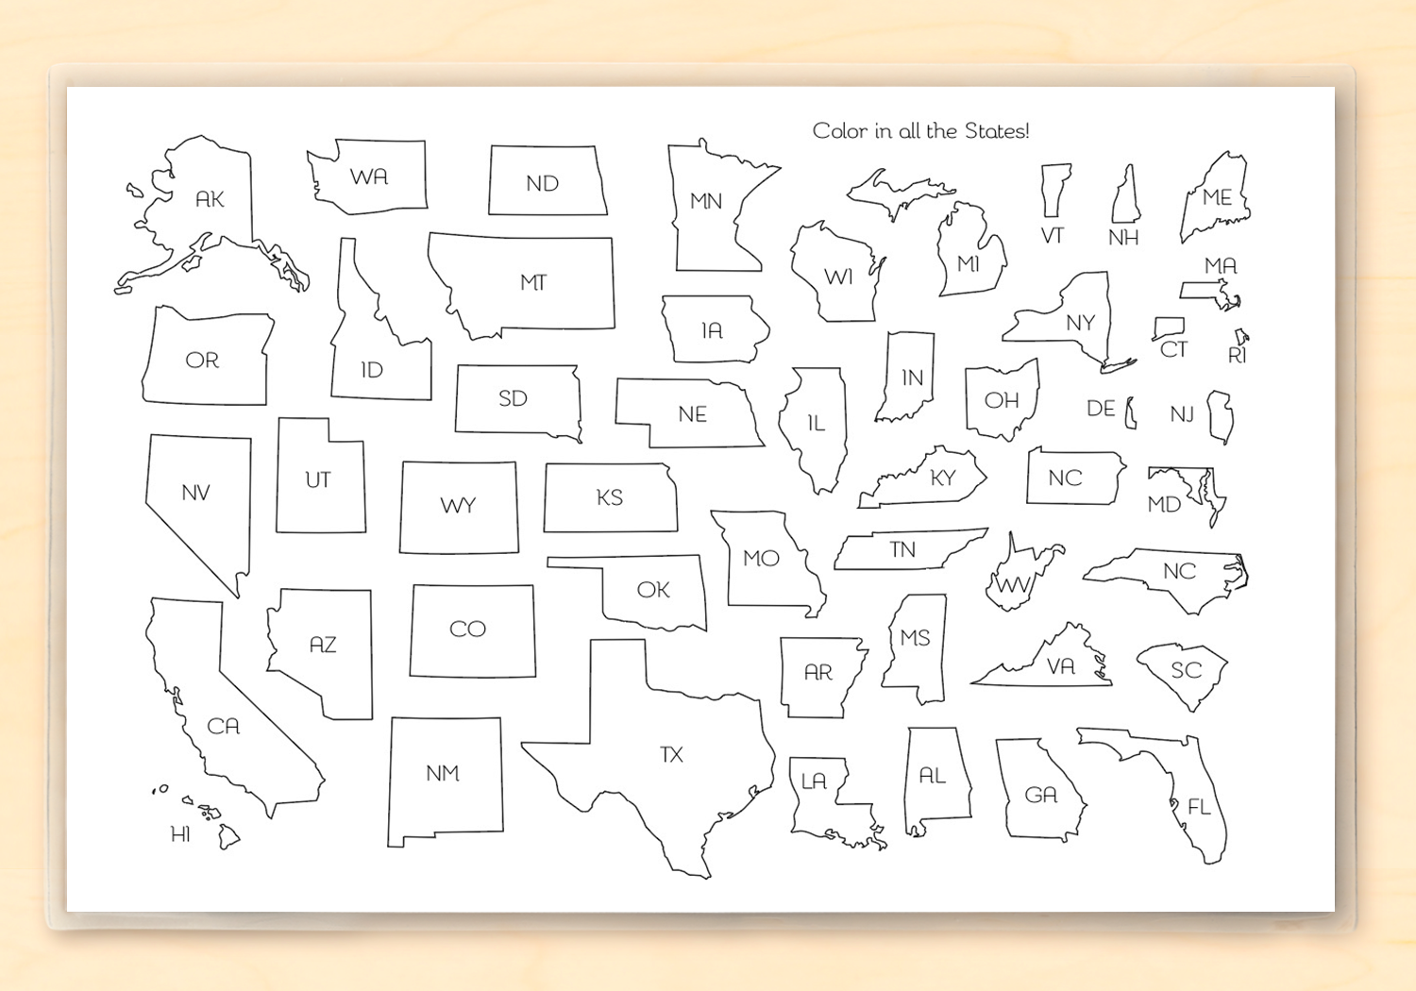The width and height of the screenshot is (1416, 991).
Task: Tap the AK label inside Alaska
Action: coord(210,199)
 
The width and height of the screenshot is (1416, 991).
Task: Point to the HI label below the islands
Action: coord(180,834)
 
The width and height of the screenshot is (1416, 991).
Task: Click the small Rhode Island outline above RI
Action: coord(1241,336)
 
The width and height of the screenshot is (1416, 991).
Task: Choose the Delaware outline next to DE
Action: coord(1130,413)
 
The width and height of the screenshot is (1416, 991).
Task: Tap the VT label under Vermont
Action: coord(1053,236)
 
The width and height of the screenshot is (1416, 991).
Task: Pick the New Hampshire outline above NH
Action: coord(1125,196)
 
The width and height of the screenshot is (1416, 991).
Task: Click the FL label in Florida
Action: coord(1199,807)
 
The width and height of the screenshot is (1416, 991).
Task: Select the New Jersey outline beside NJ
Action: coord(1222,416)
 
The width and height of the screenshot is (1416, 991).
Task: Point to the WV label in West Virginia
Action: coord(1013,586)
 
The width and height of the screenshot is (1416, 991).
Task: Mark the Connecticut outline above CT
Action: coord(1169,328)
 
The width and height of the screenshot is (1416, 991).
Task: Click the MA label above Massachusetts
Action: coord(1221,266)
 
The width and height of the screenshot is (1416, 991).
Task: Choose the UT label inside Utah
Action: coord(318,480)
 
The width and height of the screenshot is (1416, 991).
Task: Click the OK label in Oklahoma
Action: coord(653,591)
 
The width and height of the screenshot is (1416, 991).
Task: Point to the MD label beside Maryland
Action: coord(1164,505)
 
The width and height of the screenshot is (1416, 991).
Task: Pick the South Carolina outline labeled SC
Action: coord(1185,672)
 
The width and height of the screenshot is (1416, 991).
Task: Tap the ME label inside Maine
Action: coord(1217,198)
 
